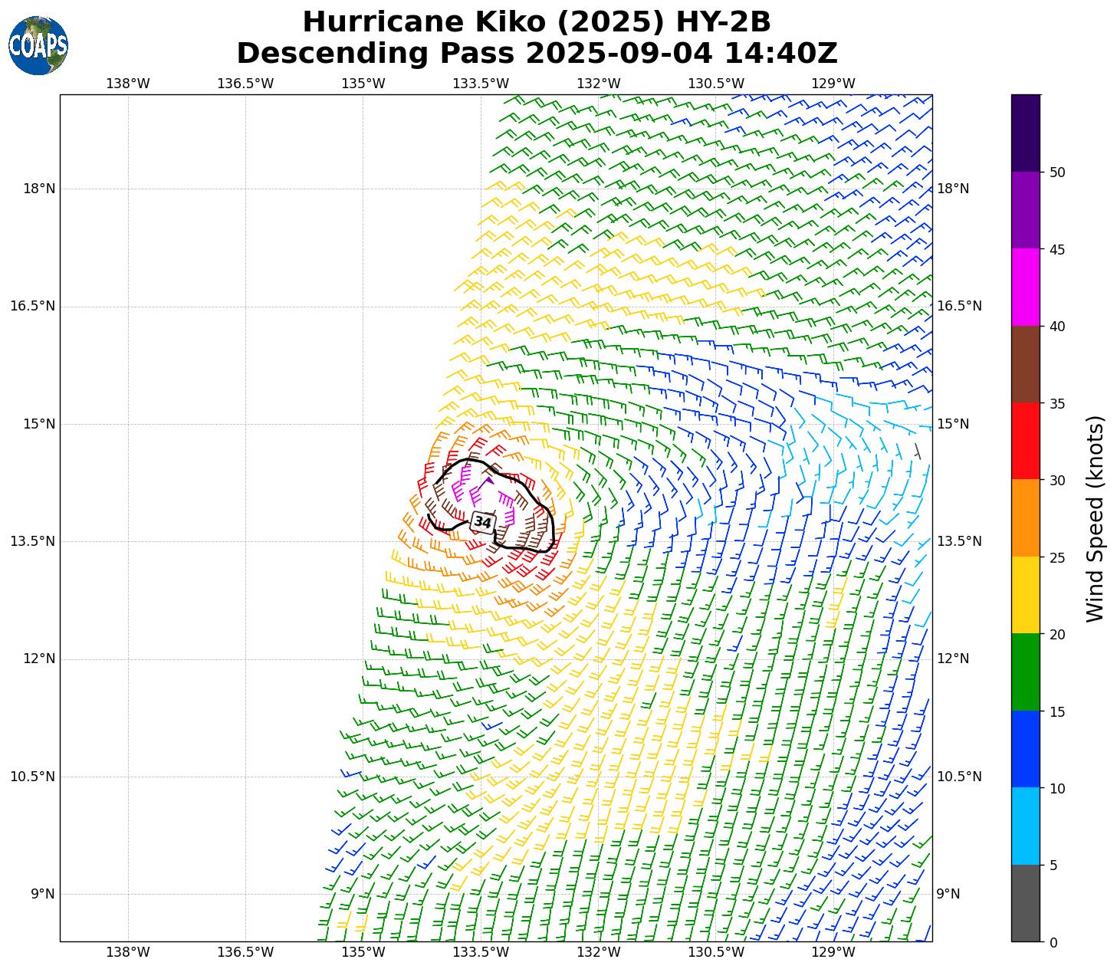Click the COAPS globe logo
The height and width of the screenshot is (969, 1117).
pos(38,45)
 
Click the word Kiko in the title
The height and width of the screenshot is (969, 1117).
pos(511,22)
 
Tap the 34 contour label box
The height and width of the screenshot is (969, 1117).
pos(483,522)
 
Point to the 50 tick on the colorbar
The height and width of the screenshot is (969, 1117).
pos(1056,172)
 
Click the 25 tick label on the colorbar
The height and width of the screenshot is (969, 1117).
pos(1056,557)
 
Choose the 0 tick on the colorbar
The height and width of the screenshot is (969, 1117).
pos(1053,942)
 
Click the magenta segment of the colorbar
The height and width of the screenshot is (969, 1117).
pos(1026,287)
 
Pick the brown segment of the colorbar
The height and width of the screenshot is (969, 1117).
pos(1026,364)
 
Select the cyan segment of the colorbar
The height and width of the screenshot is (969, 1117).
pos(1026,826)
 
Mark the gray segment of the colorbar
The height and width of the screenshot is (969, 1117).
pos(1026,903)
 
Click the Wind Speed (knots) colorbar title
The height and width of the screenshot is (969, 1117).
pos(1096,518)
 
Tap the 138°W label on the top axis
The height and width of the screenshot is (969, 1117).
pos(127,84)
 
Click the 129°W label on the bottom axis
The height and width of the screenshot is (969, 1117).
pos(833,952)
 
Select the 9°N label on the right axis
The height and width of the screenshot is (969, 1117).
pos(948,894)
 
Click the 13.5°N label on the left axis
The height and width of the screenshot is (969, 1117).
pos(33,541)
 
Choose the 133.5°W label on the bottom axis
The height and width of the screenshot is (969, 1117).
pos(481,952)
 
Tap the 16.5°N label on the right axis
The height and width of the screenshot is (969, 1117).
pos(959,306)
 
